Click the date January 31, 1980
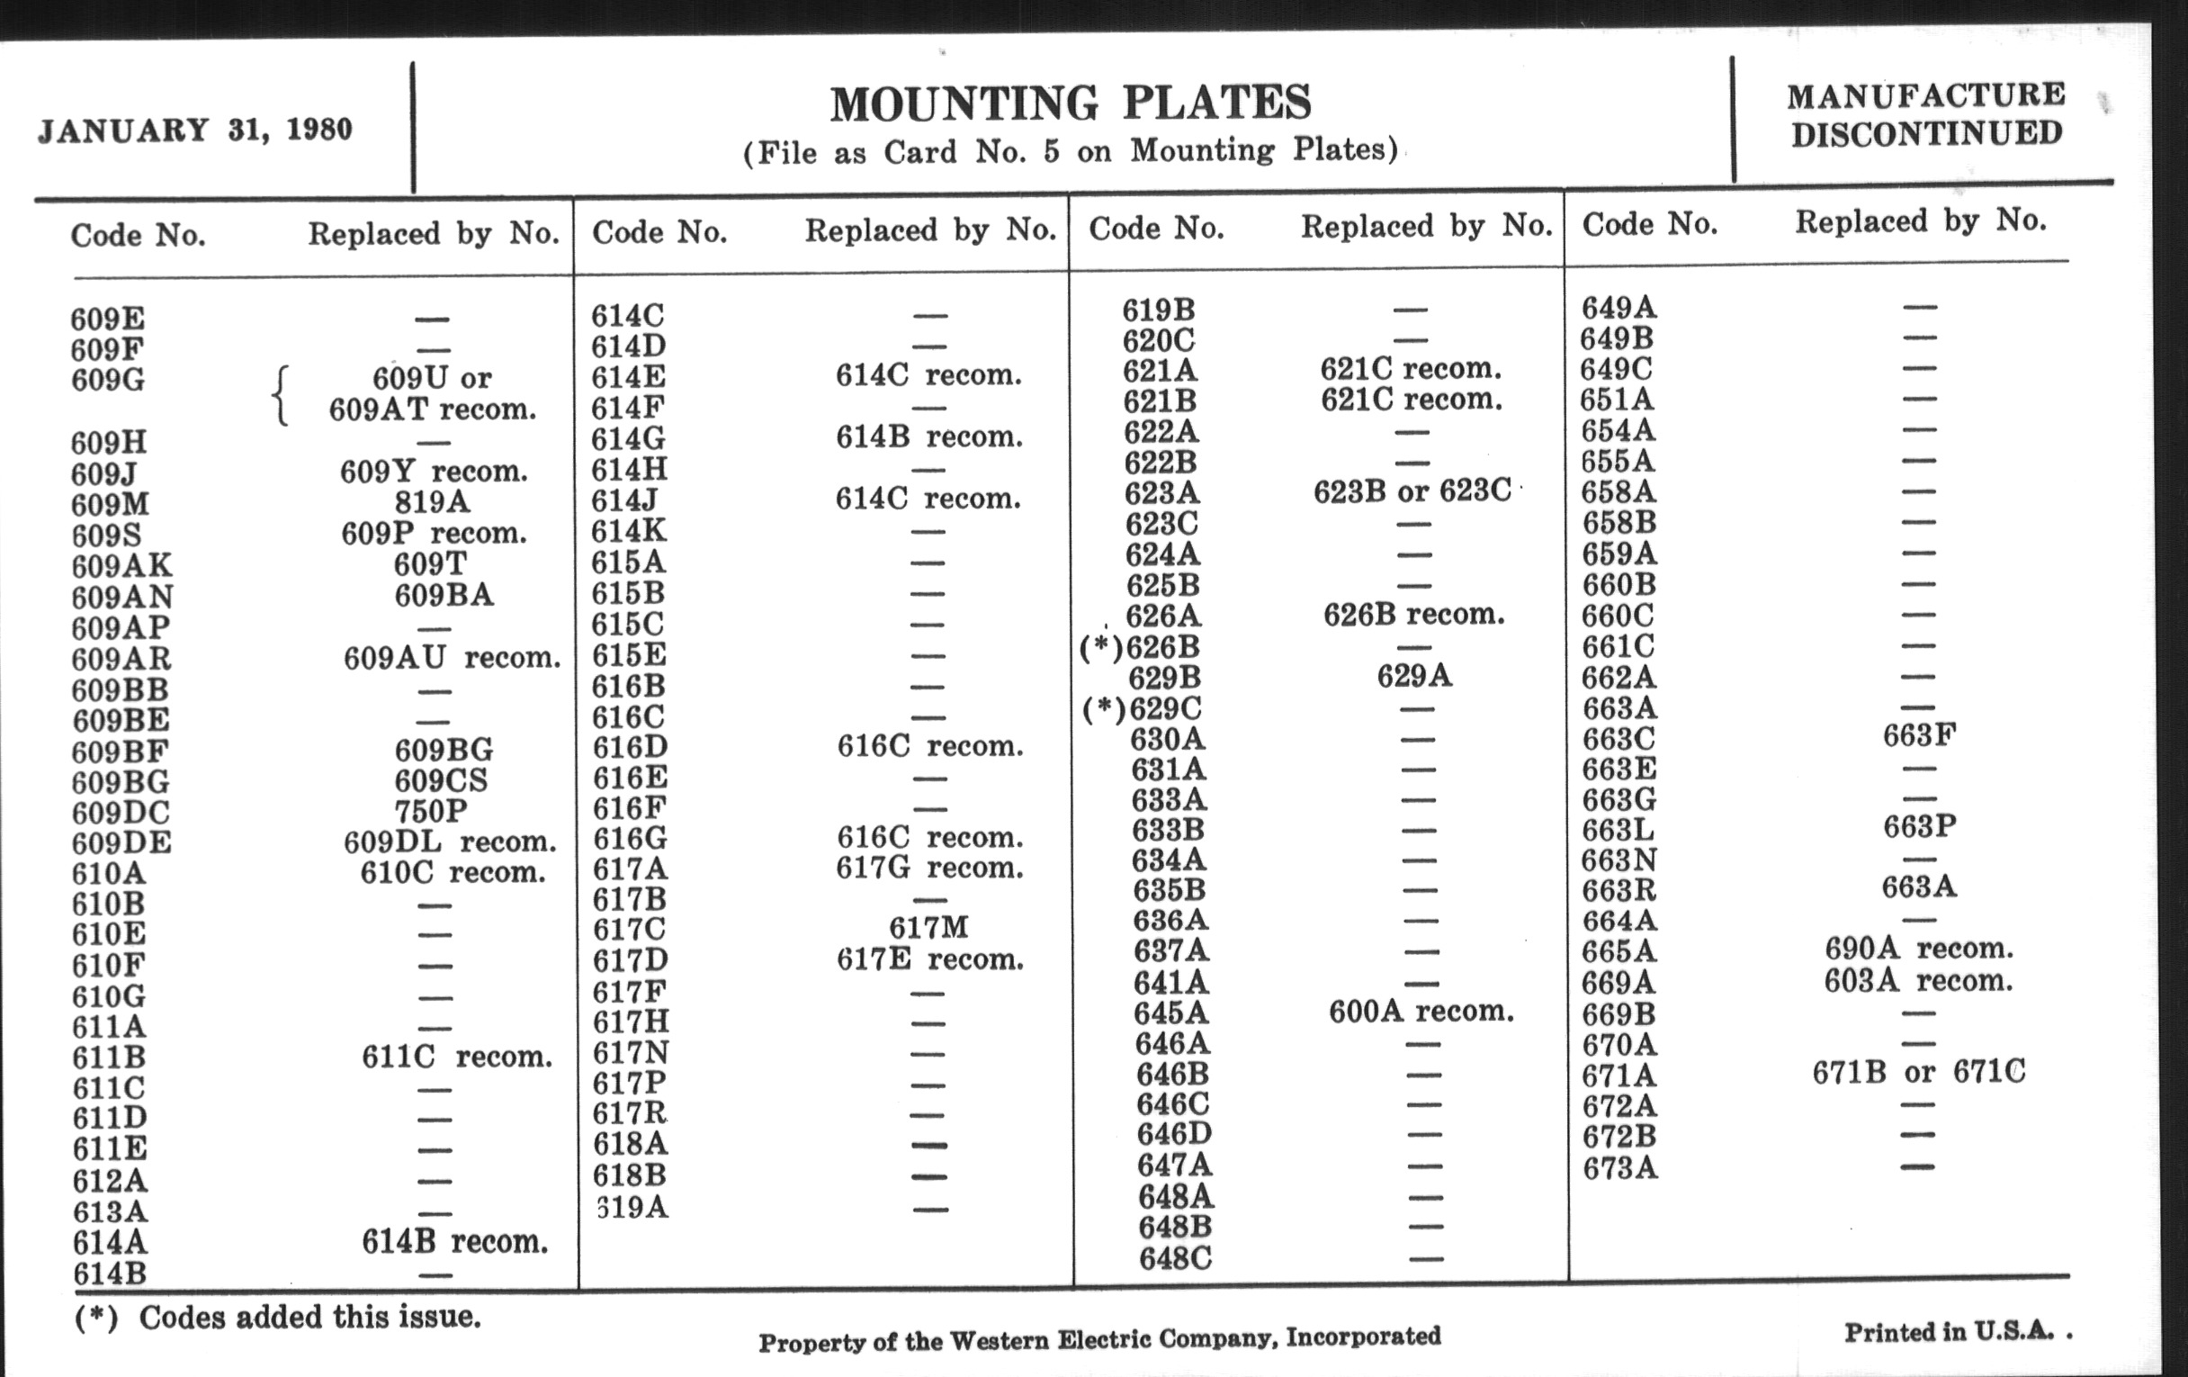coord(195,130)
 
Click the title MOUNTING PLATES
coord(1071,103)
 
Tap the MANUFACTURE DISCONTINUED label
coord(1925,114)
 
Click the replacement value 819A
coord(432,501)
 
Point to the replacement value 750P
coord(432,811)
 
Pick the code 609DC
coord(121,813)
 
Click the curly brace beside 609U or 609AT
coord(282,395)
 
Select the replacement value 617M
coord(928,928)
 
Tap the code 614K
coord(629,532)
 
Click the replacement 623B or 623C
coord(1412,491)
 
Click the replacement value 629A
coord(1414,676)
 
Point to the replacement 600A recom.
coord(1421,1012)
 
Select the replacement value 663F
coord(1919,735)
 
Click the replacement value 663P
coord(1919,827)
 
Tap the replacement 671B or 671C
coord(1918,1073)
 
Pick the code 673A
coord(1619,1168)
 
